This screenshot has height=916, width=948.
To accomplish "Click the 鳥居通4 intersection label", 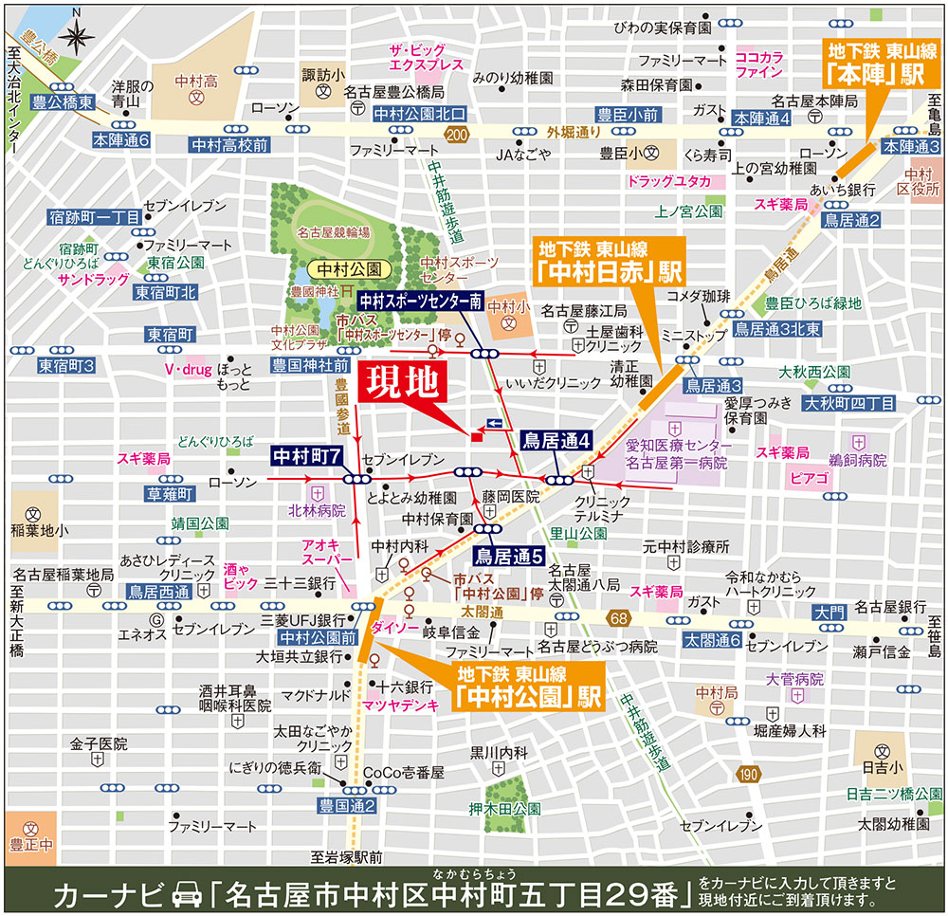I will coord(557,440).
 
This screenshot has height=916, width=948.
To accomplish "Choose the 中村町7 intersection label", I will coord(306,455).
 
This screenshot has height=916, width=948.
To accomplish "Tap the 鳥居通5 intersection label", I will coord(507,557).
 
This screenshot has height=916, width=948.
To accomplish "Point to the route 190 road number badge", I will coord(748,775).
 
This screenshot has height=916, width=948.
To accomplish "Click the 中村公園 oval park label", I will coord(336,268).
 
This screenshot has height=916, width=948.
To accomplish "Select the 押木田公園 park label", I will coord(505,809).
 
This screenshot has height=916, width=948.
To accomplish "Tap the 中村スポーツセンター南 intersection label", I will coord(420,302).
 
